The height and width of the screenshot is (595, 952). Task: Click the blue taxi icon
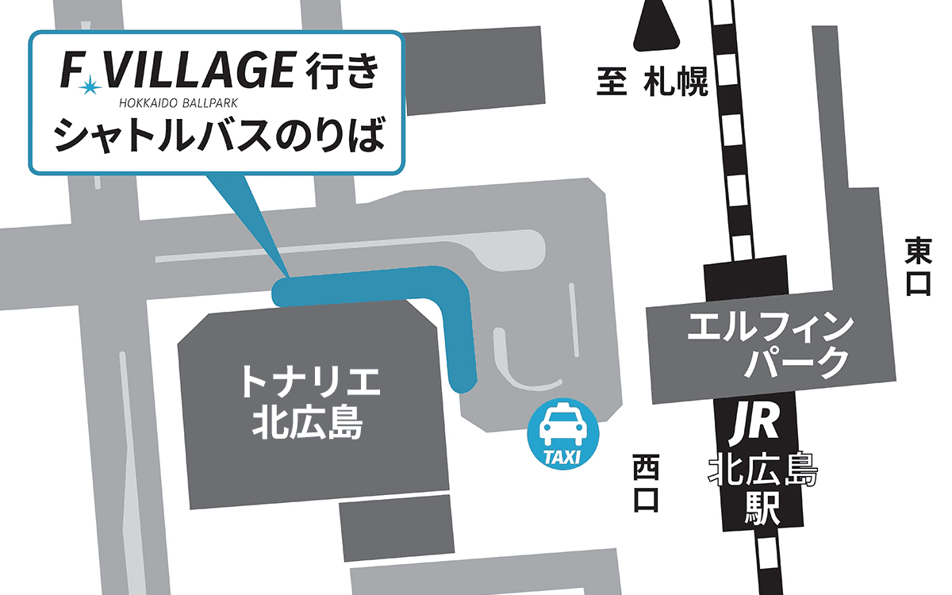[564, 432]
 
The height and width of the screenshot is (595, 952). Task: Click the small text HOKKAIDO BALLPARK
[178, 102]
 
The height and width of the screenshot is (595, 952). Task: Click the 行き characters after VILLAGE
[340, 71]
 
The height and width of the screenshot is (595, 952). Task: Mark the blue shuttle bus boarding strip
[373, 286]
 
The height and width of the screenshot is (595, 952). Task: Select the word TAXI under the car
[563, 456]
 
